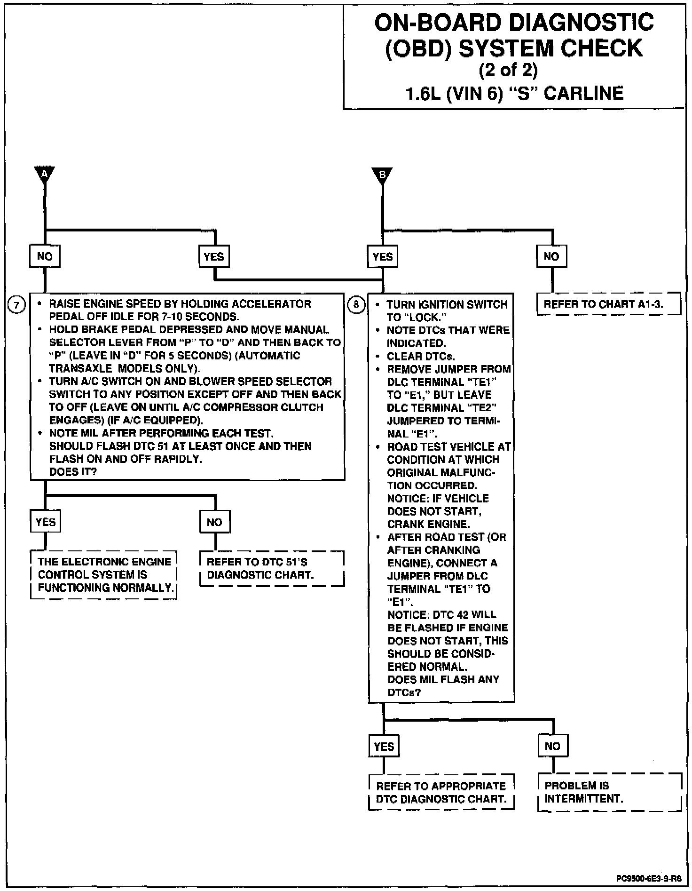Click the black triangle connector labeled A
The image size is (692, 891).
tap(45, 174)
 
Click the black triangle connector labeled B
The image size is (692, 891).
tap(382, 175)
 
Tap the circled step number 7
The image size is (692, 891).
tap(16, 305)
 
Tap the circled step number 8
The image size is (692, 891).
tap(356, 305)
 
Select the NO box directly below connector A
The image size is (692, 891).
tap(45, 256)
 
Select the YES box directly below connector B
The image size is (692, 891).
tap(382, 256)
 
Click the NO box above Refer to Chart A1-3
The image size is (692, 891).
tap(551, 256)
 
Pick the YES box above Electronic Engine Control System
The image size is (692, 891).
tap(46, 522)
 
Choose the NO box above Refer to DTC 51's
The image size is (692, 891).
tap(214, 522)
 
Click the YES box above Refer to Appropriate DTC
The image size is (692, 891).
tap(384, 746)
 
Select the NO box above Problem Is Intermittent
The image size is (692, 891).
tap(552, 746)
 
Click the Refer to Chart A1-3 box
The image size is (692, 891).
tap(608, 304)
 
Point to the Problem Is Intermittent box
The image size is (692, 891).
tap(609, 792)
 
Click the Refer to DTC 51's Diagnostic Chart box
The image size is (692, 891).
tap(272, 568)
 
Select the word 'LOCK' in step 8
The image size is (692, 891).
tap(425, 317)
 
